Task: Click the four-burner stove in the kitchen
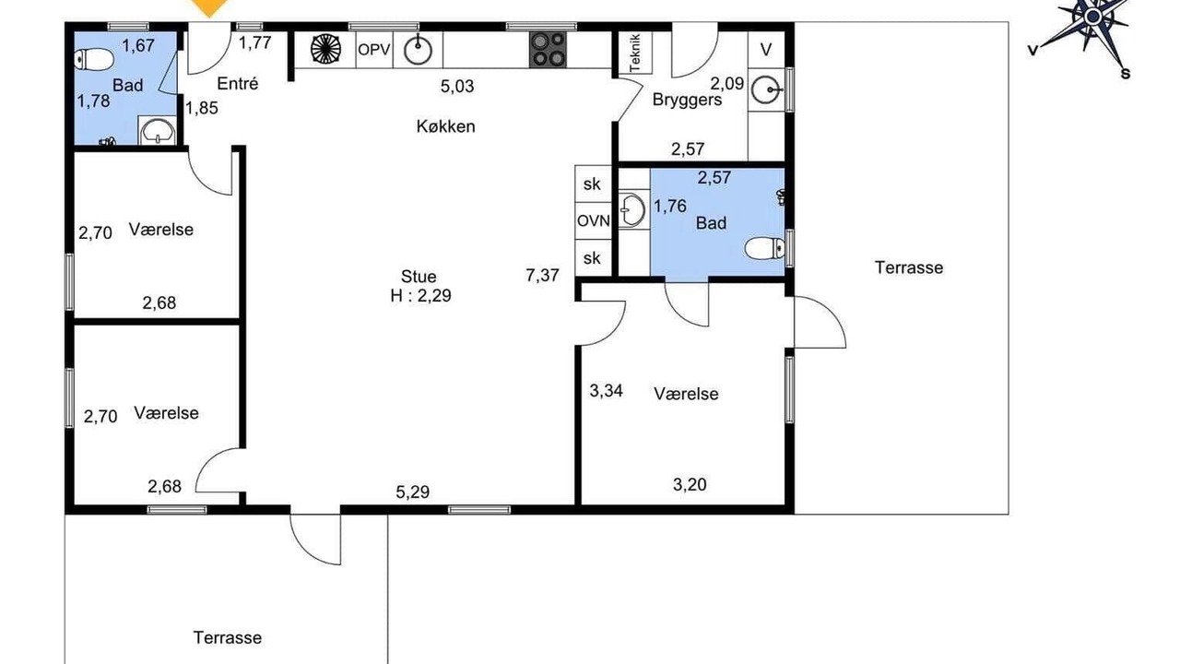(548, 50)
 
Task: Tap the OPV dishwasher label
(374, 50)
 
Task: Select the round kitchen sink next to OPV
(418, 51)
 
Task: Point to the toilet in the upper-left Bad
(93, 60)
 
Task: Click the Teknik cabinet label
(635, 53)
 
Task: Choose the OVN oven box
(593, 220)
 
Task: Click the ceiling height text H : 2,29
(421, 296)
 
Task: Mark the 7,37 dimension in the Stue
(542, 275)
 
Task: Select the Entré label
(238, 84)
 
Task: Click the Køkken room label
(445, 126)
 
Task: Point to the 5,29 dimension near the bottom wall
(412, 492)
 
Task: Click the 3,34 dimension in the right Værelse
(606, 390)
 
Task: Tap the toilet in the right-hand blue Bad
(765, 248)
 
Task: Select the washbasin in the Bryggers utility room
(765, 89)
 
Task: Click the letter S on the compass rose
(1126, 75)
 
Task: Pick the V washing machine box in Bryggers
(766, 50)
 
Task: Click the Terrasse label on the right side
(909, 267)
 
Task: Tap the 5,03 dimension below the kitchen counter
(457, 86)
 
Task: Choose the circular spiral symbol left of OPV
(325, 50)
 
